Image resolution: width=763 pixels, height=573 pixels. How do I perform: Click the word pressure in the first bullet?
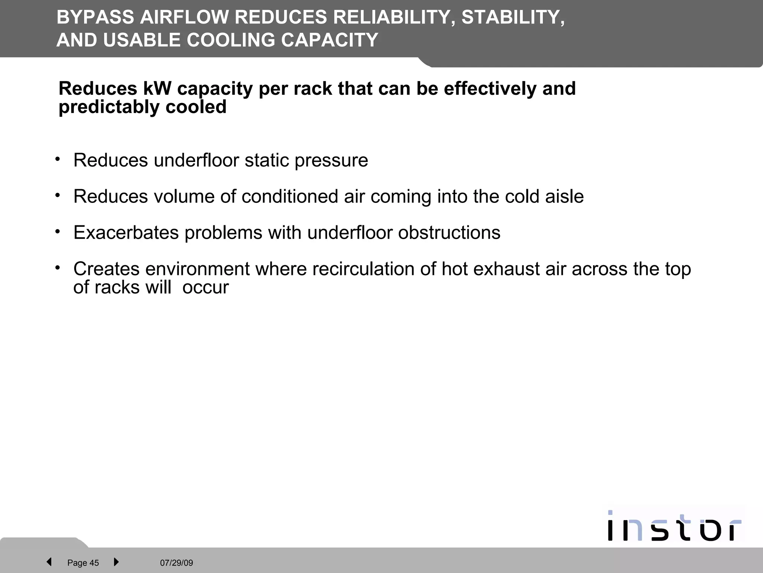[331, 161]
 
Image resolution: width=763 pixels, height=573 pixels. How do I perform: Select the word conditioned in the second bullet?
[289, 197]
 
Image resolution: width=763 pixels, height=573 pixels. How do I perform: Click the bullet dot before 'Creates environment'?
[57, 268]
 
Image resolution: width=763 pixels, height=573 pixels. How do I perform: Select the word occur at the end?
[205, 288]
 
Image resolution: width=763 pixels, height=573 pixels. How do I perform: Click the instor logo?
[674, 526]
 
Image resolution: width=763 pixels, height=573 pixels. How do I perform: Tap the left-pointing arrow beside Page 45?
[49, 562]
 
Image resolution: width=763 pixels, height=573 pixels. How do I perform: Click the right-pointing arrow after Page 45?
[116, 562]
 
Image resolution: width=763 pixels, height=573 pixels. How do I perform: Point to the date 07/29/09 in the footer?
[177, 563]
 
